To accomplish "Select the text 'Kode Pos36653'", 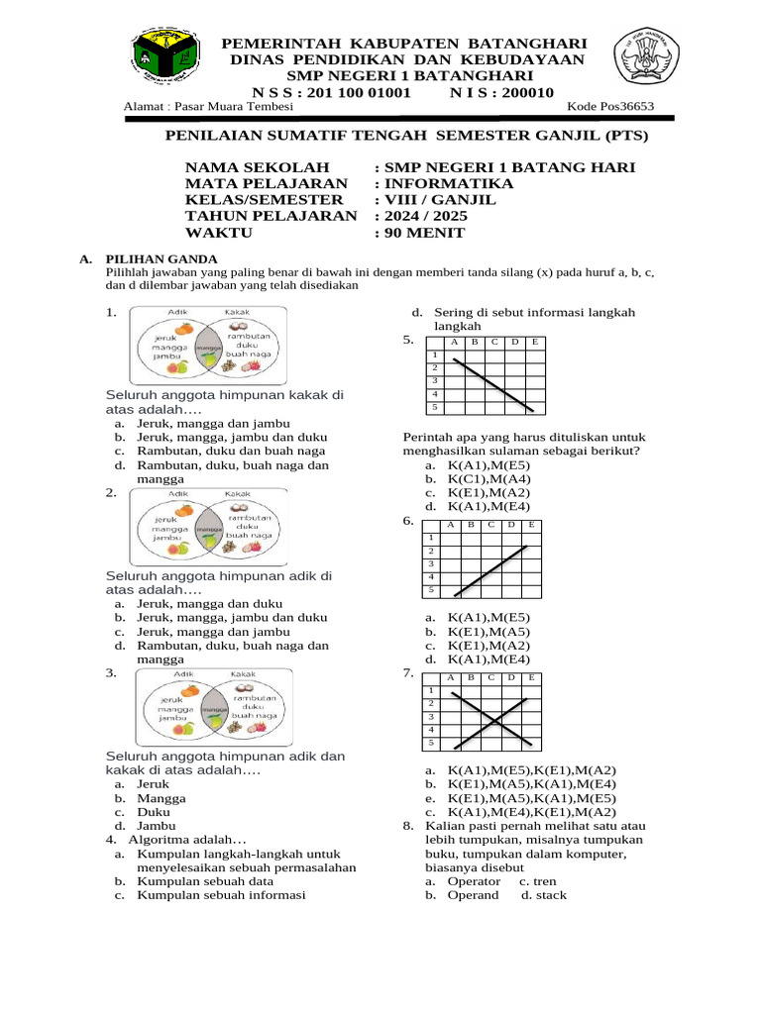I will (610, 108).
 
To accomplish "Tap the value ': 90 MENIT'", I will (420, 234).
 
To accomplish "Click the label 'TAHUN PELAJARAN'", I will (271, 217).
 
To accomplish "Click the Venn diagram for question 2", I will (210, 525).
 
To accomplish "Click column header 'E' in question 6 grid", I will (532, 524).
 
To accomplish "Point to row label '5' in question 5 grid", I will (433, 407).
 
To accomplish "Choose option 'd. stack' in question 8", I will (544, 894).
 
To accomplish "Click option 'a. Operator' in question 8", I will (466, 880).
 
